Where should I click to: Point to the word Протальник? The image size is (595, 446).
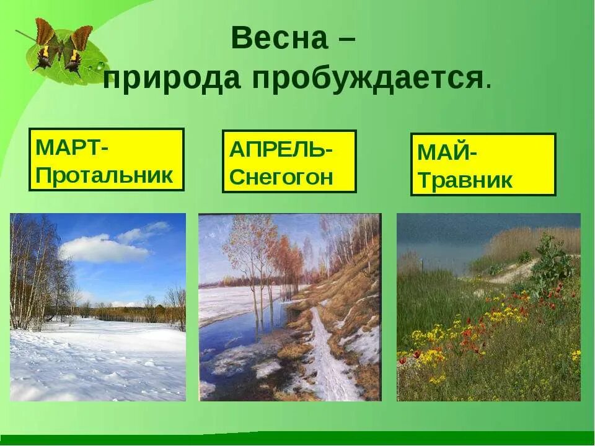click(104, 175)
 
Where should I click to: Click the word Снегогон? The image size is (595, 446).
click(281, 177)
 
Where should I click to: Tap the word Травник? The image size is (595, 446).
click(465, 180)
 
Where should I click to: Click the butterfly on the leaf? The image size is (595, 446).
click(62, 46)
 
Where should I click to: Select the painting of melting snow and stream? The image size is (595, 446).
click(289, 307)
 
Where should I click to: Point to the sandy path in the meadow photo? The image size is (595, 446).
click(514, 273)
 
